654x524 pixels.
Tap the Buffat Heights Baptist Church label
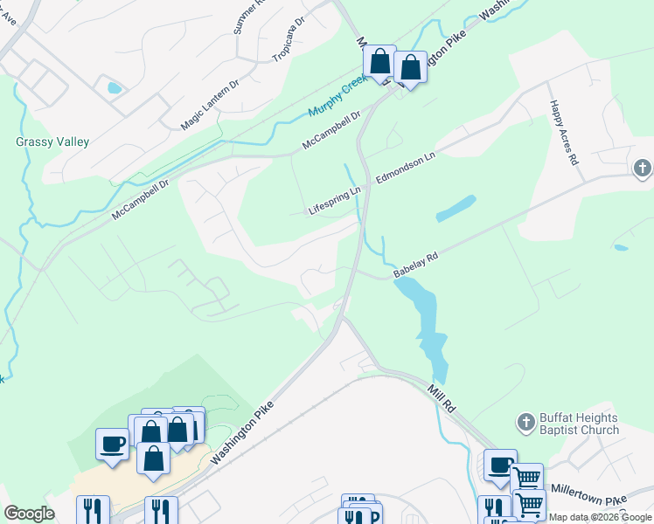click(x=580, y=424)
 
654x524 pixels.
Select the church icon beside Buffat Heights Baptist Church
click(x=525, y=423)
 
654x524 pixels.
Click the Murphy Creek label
click(x=340, y=98)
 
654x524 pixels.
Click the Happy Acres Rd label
click(x=563, y=134)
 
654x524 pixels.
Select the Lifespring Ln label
click(x=335, y=201)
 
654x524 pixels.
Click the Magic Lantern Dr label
click(x=209, y=103)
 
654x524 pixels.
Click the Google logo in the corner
click(x=29, y=514)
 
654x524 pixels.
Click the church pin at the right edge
click(x=643, y=168)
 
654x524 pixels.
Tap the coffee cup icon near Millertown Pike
click(x=500, y=464)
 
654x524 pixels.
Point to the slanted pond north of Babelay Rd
click(x=455, y=208)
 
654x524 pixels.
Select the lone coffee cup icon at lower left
click(x=112, y=443)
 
